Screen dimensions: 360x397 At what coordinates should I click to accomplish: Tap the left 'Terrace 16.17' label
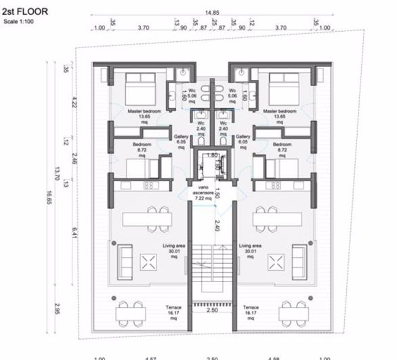pos(174,311)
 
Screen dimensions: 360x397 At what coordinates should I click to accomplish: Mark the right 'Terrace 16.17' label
pos(250,311)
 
